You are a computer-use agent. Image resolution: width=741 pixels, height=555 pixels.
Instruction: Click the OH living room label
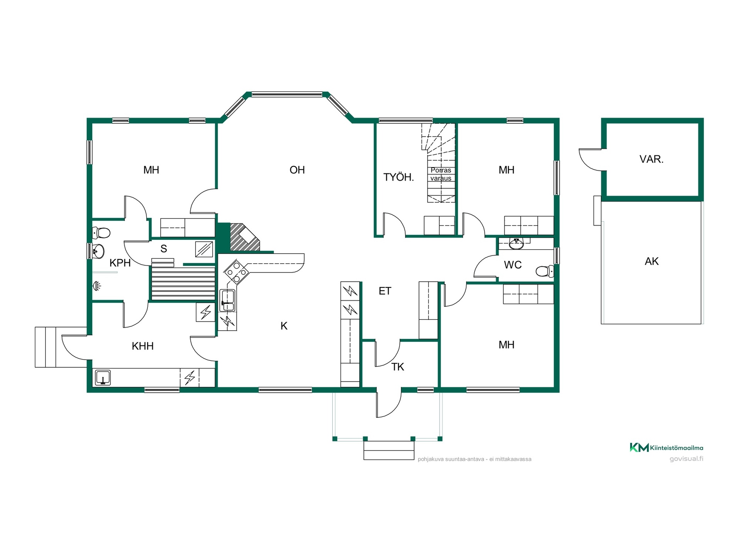point(297,170)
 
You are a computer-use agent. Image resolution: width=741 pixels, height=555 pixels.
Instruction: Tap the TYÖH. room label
point(399,177)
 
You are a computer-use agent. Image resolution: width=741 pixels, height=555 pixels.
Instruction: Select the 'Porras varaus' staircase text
point(441,174)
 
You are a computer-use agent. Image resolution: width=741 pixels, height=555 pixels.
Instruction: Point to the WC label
point(513,265)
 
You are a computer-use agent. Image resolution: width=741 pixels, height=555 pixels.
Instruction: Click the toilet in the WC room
point(545,271)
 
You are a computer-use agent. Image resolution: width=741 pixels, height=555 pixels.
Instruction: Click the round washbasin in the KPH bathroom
point(98,252)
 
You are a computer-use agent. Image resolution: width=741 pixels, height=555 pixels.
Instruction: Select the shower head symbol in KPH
point(97,286)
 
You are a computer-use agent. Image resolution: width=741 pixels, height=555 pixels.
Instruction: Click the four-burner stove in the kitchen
point(236,272)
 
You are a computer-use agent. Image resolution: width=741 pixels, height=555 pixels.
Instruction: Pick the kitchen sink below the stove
point(227,300)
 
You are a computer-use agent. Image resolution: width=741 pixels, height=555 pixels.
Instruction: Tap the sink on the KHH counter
point(103,378)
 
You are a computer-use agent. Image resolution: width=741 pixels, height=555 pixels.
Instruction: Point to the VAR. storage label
point(651,159)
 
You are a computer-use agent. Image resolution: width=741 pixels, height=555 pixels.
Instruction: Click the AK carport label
point(651,261)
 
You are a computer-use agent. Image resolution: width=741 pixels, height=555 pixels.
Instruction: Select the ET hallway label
point(385,291)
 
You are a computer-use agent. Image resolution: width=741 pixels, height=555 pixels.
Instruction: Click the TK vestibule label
point(398,367)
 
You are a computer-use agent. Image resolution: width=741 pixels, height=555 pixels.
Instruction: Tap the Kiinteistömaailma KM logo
point(667,447)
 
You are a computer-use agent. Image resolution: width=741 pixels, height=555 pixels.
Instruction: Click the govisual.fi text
point(686,459)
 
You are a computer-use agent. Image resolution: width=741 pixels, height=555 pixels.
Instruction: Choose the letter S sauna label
point(164,249)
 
